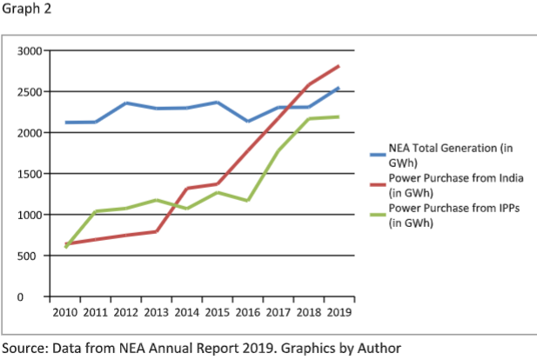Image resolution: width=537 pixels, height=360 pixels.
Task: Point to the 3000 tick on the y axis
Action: tap(29, 50)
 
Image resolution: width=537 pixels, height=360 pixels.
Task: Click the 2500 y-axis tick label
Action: tap(29, 91)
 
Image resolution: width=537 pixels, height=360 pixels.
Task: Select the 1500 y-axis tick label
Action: tap(29, 174)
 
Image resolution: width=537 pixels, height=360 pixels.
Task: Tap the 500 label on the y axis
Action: tap(31, 256)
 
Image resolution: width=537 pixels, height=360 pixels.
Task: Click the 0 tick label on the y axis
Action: tap(37, 297)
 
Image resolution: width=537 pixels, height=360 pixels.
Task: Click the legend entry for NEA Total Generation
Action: tap(439, 154)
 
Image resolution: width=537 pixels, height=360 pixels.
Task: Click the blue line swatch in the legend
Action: tap(375, 149)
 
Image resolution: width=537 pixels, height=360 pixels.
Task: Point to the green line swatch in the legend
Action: tap(375, 209)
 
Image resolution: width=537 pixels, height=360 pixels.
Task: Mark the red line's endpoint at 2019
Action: tap(339, 66)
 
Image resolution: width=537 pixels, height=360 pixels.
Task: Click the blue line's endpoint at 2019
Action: tap(339, 88)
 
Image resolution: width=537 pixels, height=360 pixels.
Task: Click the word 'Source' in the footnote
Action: tap(23, 348)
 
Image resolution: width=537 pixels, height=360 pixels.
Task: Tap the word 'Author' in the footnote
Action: tap(379, 348)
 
